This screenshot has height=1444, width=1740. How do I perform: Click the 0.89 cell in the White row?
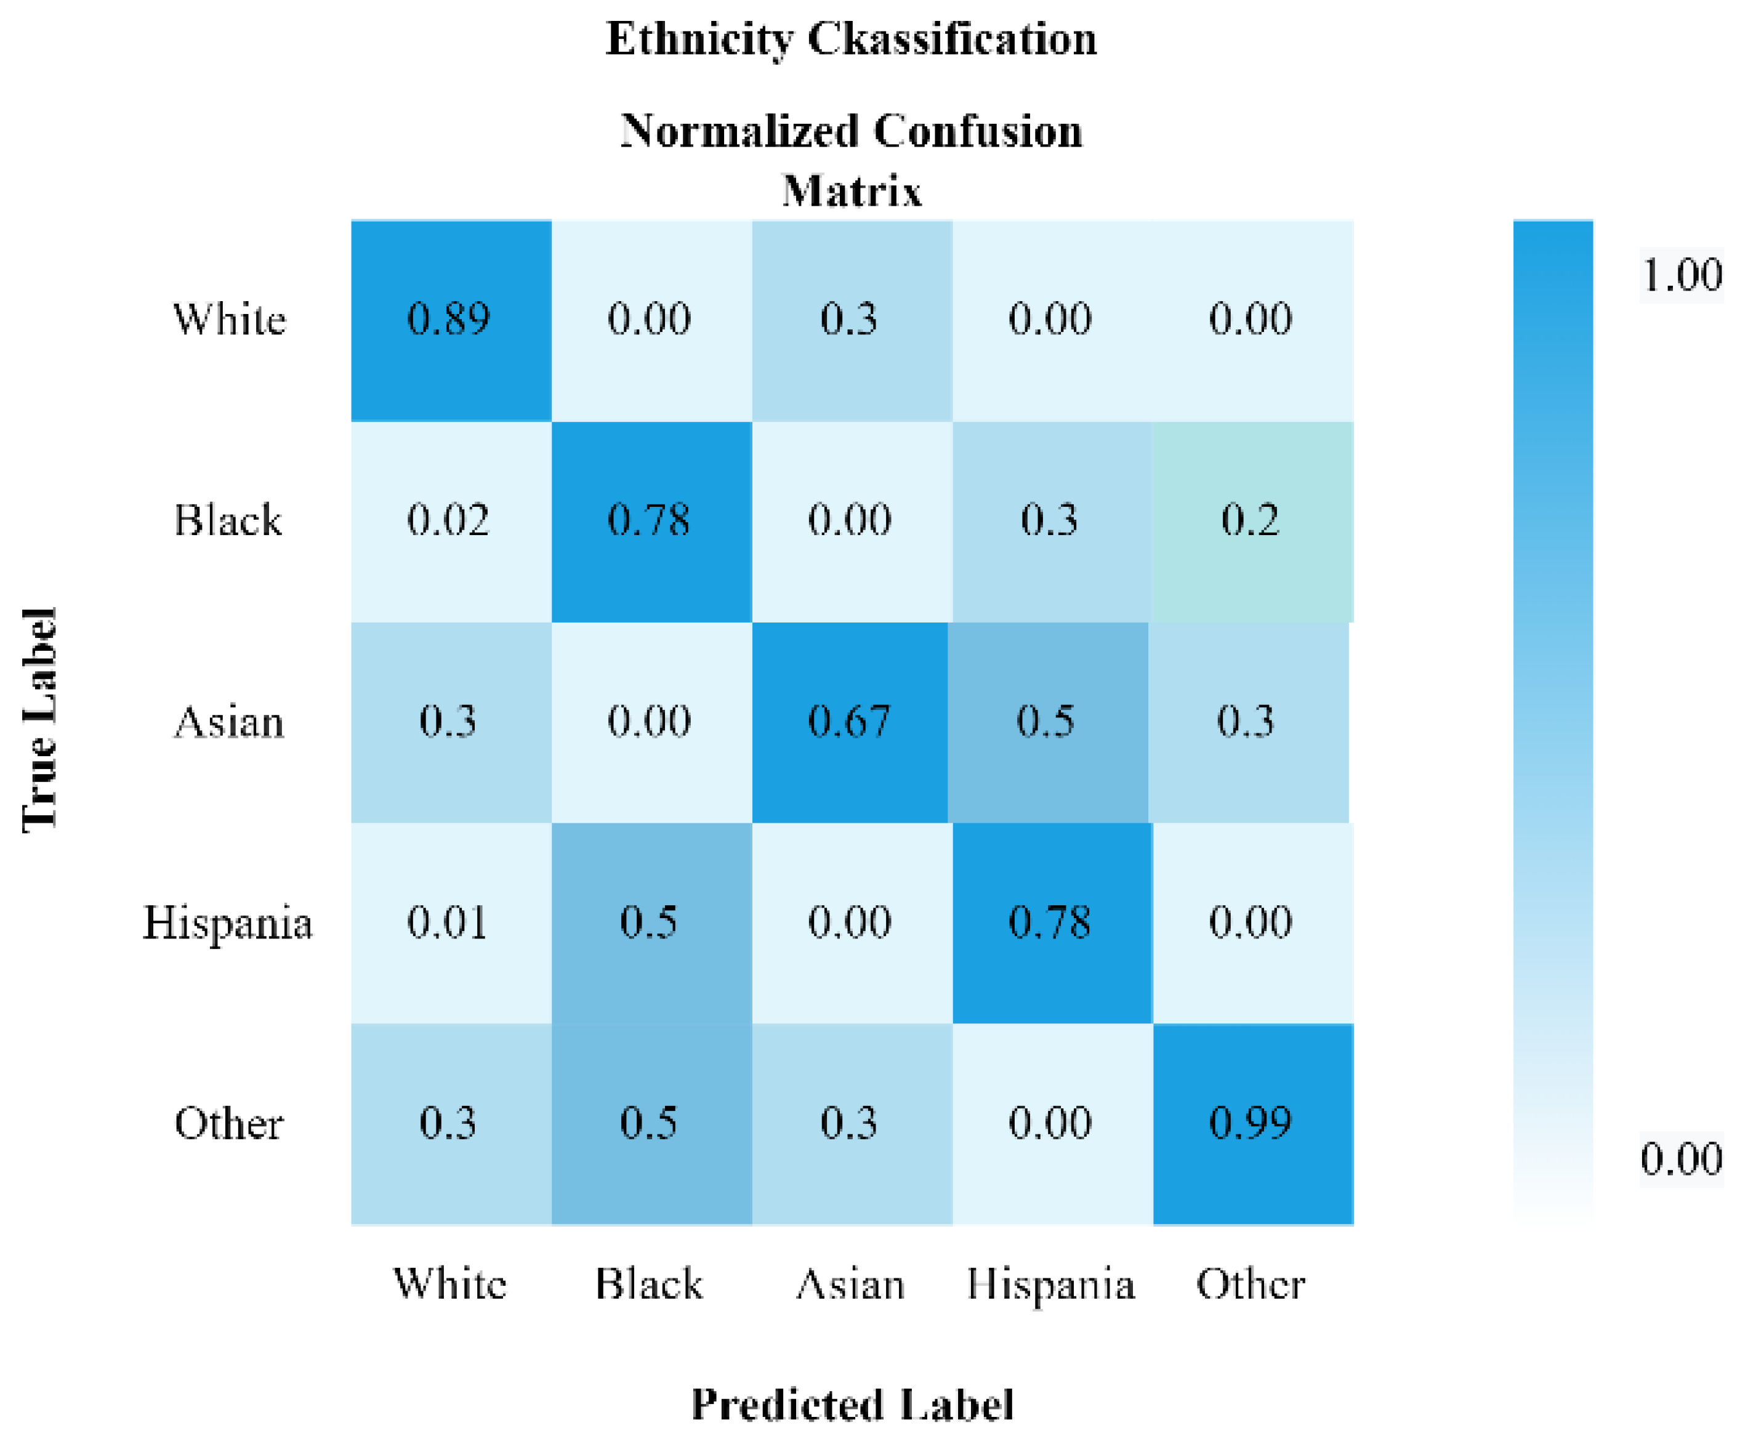point(450,319)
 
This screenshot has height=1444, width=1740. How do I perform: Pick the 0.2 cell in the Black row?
point(1251,520)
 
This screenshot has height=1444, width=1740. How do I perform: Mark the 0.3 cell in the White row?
point(849,319)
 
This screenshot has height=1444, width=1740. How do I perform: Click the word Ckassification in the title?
point(952,39)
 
